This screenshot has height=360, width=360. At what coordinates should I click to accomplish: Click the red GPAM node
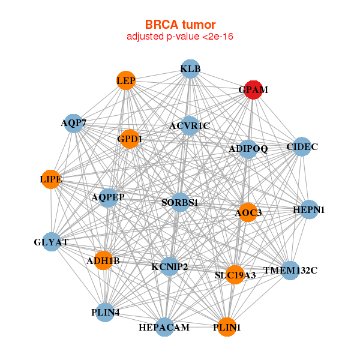click(253, 89)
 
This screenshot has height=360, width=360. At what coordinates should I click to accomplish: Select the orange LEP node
click(126, 80)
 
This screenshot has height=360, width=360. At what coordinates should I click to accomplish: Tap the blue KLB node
click(190, 68)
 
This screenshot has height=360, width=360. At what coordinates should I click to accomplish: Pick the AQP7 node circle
click(73, 123)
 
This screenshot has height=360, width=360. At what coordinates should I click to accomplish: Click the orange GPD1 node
click(130, 139)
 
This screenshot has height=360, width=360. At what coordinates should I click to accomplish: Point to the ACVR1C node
click(189, 125)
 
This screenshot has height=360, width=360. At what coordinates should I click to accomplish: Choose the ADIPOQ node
click(248, 148)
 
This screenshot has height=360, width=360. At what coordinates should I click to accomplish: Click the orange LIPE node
click(50, 179)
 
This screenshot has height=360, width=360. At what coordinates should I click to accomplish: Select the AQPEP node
click(108, 197)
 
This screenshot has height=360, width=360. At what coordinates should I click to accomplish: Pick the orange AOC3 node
click(248, 212)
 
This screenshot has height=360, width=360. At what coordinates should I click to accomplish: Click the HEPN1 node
click(309, 209)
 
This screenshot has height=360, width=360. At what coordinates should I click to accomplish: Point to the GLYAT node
click(52, 242)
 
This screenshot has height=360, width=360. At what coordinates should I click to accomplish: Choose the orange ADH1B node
click(103, 260)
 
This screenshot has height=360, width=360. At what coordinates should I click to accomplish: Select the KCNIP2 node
click(170, 266)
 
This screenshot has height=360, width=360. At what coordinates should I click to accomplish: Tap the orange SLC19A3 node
click(235, 275)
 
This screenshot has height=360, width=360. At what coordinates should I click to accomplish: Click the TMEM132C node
click(290, 271)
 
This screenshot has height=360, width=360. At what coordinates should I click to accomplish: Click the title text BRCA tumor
click(180, 25)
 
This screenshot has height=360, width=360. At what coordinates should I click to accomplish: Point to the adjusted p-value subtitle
click(180, 37)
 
